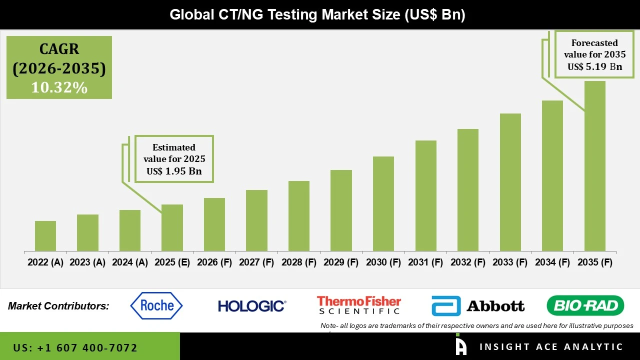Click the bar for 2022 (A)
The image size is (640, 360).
(x=45, y=235)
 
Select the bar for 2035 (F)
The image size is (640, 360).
(x=594, y=166)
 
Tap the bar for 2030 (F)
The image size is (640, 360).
(x=383, y=203)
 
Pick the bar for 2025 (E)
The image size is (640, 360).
(x=172, y=227)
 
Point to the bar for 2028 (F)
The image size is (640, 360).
(x=299, y=215)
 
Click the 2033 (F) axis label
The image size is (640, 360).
(x=510, y=262)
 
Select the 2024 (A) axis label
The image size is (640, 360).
(x=129, y=262)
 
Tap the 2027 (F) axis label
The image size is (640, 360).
(x=256, y=262)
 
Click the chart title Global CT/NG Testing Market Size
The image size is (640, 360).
(x=317, y=14)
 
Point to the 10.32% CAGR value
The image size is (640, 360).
(x=59, y=87)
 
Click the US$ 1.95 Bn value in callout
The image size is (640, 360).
(x=174, y=171)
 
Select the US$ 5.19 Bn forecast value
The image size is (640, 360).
(x=594, y=66)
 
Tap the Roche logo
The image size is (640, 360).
(x=156, y=305)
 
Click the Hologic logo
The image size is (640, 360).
(x=252, y=305)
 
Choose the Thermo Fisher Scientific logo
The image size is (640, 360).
(x=359, y=305)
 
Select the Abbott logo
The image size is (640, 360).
(x=477, y=305)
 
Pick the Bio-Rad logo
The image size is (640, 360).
(x=585, y=305)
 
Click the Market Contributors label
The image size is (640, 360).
(x=58, y=306)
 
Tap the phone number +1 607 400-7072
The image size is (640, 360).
(x=75, y=347)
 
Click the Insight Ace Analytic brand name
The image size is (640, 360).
(x=551, y=347)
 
